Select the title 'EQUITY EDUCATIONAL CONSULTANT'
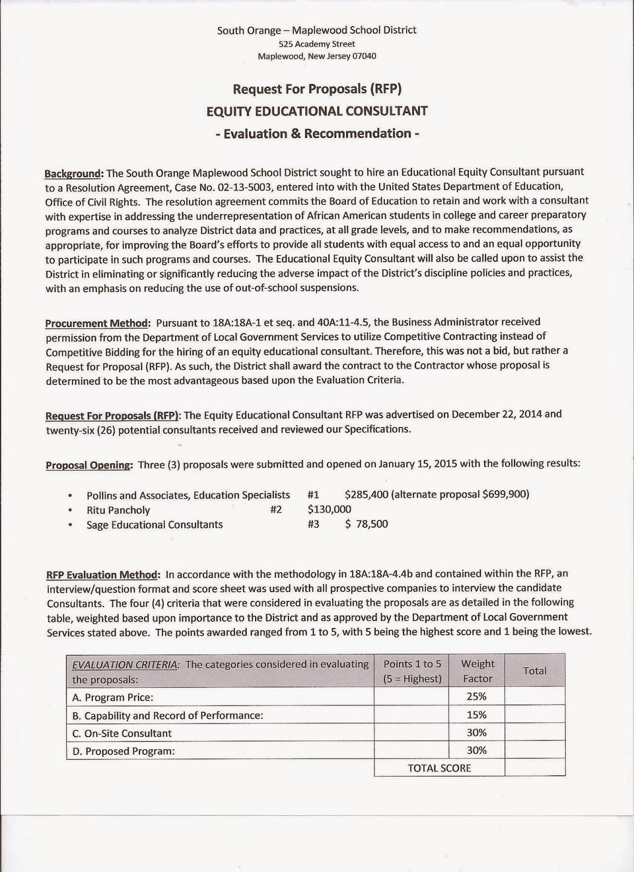pyautogui.click(x=317, y=111)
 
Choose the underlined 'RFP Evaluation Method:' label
pyautogui.click(x=103, y=574)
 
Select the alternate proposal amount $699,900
pyautogui.click(x=507, y=494)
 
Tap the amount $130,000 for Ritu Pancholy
pyautogui.click(x=329, y=510)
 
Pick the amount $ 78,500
pyautogui.click(x=366, y=524)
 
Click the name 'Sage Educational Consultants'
pyautogui.click(x=155, y=524)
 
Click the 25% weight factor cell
pyautogui.click(x=476, y=696)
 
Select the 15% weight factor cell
pyautogui.click(x=476, y=714)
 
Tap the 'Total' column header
pyautogui.click(x=534, y=671)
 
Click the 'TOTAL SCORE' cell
pyautogui.click(x=439, y=768)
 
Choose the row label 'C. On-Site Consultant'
pyautogui.click(x=122, y=733)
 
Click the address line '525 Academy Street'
pyautogui.click(x=317, y=44)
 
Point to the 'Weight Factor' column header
pyautogui.click(x=477, y=671)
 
